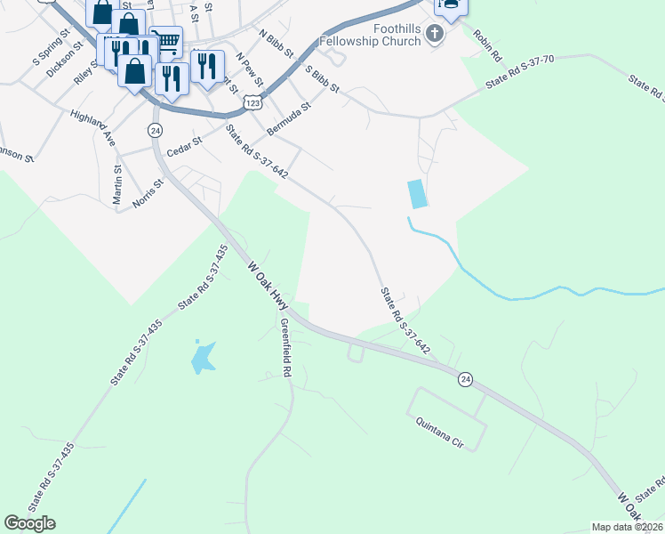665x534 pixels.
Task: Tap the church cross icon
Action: point(435,35)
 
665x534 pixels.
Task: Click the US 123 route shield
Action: point(254,103)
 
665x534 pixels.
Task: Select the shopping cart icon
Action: point(165,41)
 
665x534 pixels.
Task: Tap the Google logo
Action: point(29,523)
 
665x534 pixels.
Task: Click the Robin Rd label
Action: point(488,46)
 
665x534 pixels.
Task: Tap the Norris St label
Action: point(148,192)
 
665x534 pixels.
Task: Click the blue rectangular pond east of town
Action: point(416,194)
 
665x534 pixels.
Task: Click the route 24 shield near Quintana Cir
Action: point(465,380)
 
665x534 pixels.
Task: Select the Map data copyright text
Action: point(627,527)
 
